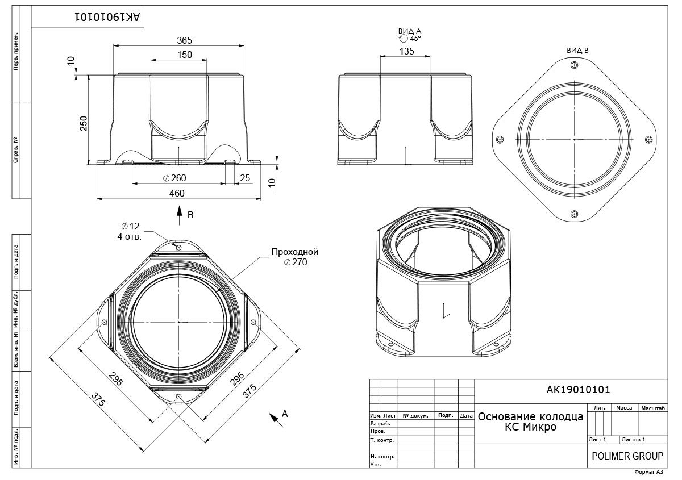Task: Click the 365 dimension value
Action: (185, 40)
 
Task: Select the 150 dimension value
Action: (185, 55)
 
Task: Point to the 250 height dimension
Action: (84, 123)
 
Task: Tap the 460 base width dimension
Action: (177, 193)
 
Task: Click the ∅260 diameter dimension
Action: (174, 178)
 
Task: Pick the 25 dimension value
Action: (245, 178)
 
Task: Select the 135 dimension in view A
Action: (407, 51)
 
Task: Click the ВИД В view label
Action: (577, 51)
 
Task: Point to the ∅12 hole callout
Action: (130, 226)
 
